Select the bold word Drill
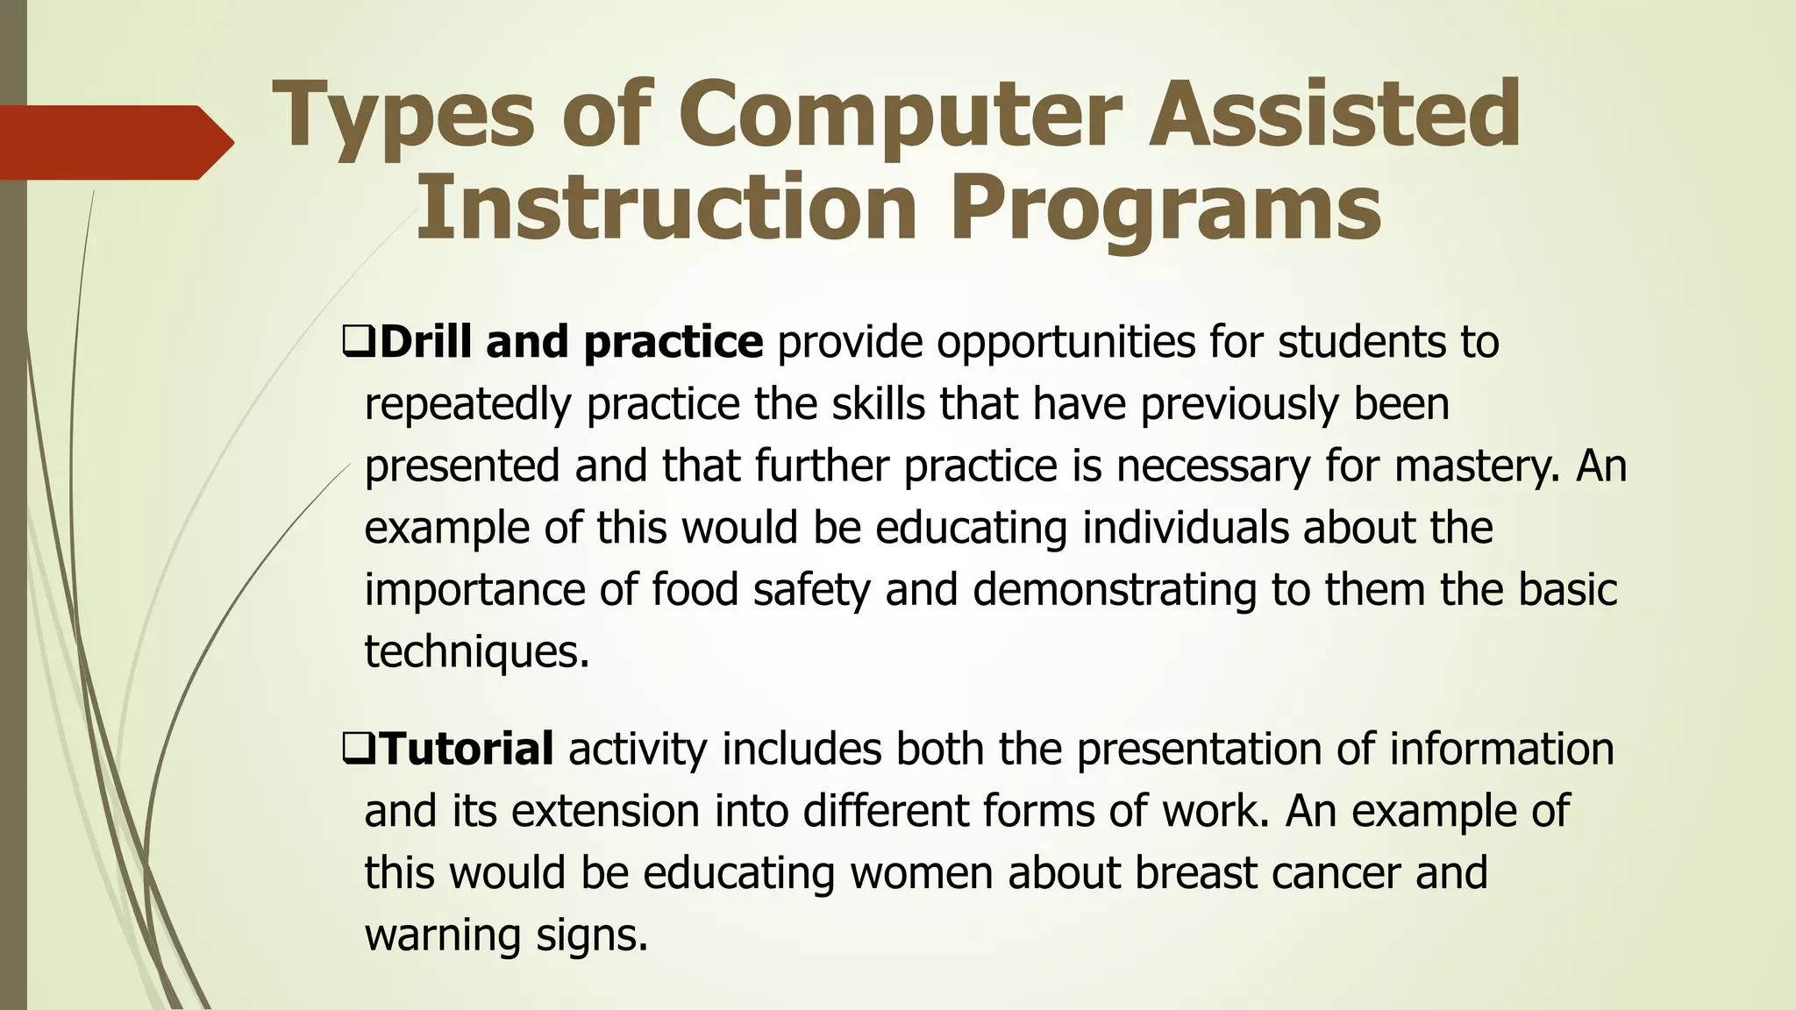[428, 341]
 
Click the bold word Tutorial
[467, 749]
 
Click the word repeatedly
[467, 405]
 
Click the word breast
[1195, 873]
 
